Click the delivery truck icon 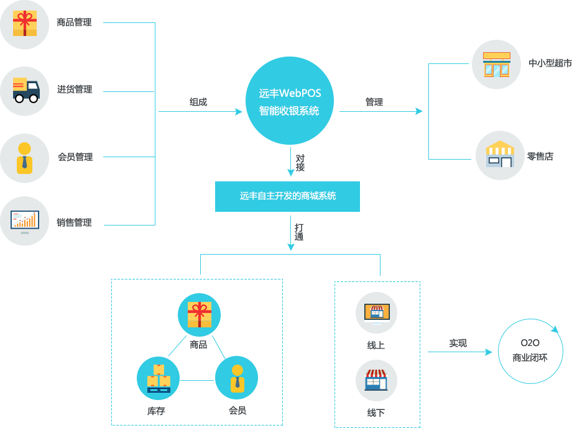tap(26, 90)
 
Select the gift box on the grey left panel tap(25, 24)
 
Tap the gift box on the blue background tap(200, 314)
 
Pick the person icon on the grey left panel tap(24, 158)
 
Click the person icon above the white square tap(238, 379)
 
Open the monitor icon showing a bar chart tap(25, 221)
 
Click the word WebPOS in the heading tap(300, 94)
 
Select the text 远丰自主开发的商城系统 tap(288, 196)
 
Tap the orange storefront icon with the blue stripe tap(497, 65)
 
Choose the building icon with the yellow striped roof tap(500, 153)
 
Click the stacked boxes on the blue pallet tap(159, 379)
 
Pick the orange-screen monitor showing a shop tap(377, 312)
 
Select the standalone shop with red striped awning tap(376, 380)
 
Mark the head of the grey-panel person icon tap(24, 148)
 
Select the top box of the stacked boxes tap(159, 370)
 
